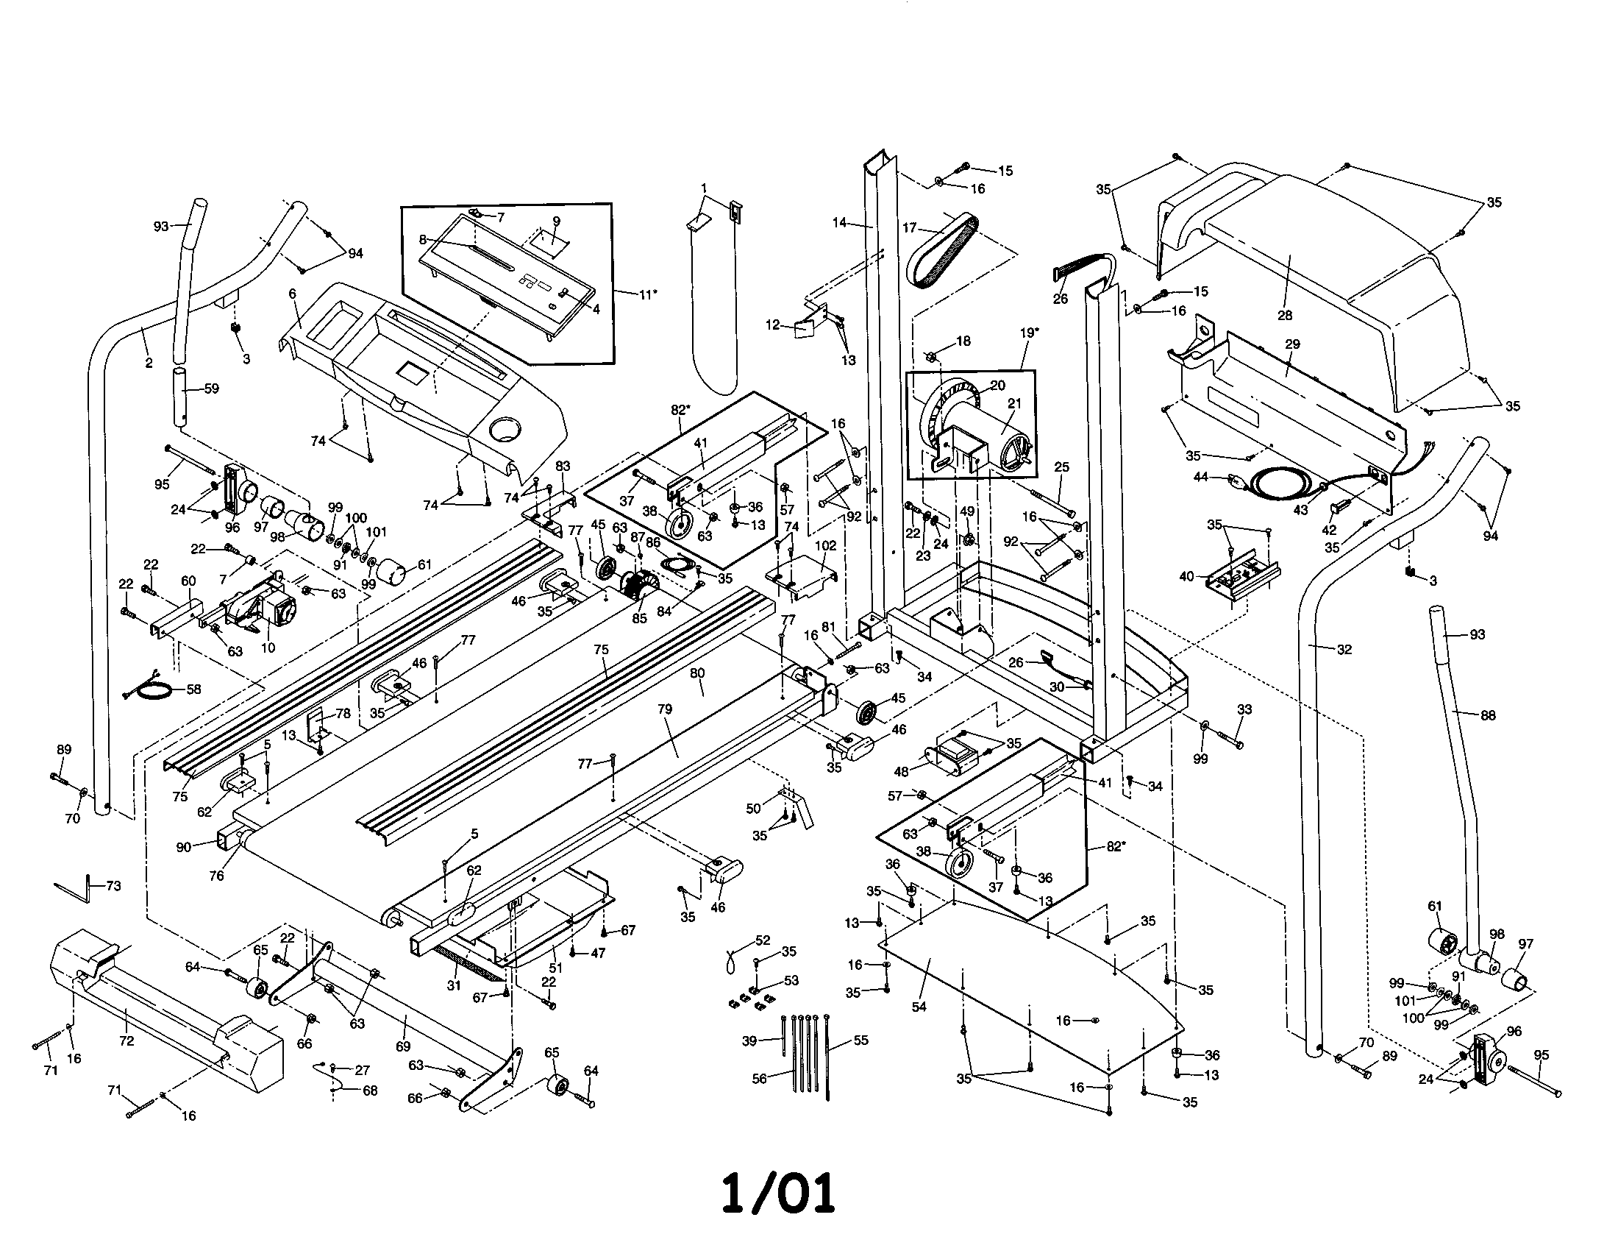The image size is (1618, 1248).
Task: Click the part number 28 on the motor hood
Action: pyautogui.click(x=1284, y=315)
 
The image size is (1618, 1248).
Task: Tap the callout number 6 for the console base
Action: pyautogui.click(x=293, y=294)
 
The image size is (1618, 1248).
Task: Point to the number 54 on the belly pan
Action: pyautogui.click(x=919, y=1007)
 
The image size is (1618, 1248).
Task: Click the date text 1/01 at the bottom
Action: pyautogui.click(x=779, y=1192)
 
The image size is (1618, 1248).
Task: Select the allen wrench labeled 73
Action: pyautogui.click(x=82, y=887)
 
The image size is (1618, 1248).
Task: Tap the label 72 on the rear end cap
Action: pyautogui.click(x=126, y=1040)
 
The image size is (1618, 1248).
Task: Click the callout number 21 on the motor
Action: pyautogui.click(x=1014, y=403)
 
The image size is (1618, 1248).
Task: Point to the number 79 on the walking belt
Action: pyautogui.click(x=665, y=709)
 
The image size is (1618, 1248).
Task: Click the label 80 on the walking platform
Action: pyautogui.click(x=697, y=673)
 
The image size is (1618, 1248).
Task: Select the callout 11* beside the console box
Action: pyautogui.click(x=646, y=294)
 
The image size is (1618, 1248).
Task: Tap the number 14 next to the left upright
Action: pyautogui.click(x=839, y=221)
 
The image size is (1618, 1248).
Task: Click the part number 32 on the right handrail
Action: pyautogui.click(x=1344, y=650)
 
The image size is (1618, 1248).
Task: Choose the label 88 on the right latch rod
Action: pyautogui.click(x=1489, y=715)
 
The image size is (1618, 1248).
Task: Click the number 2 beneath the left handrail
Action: pyautogui.click(x=149, y=363)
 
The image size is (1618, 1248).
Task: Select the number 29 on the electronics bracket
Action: pyautogui.click(x=1292, y=344)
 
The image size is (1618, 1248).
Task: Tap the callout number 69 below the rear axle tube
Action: pyautogui.click(x=402, y=1046)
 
